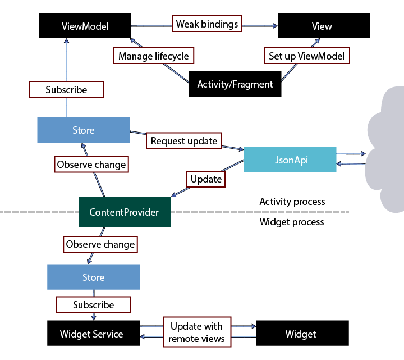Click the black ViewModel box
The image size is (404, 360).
click(85, 26)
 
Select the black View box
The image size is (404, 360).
click(324, 26)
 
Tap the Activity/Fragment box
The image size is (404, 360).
click(235, 84)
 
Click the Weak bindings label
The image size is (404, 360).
click(207, 24)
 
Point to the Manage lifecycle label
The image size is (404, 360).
click(154, 56)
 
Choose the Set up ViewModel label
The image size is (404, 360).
click(307, 56)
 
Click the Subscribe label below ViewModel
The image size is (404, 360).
click(66, 89)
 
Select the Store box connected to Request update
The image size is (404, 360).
click(83, 130)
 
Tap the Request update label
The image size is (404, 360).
click(183, 140)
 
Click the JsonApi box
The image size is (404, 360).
click(290, 160)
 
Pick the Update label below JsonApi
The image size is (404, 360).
click(206, 179)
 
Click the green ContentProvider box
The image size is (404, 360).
click(124, 212)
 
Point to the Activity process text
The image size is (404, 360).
click(292, 202)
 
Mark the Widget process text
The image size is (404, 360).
click(292, 222)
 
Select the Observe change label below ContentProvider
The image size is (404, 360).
click(100, 244)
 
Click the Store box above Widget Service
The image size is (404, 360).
click(93, 277)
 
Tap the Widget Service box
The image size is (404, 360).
click(91, 334)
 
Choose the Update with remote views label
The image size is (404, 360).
click(196, 332)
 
